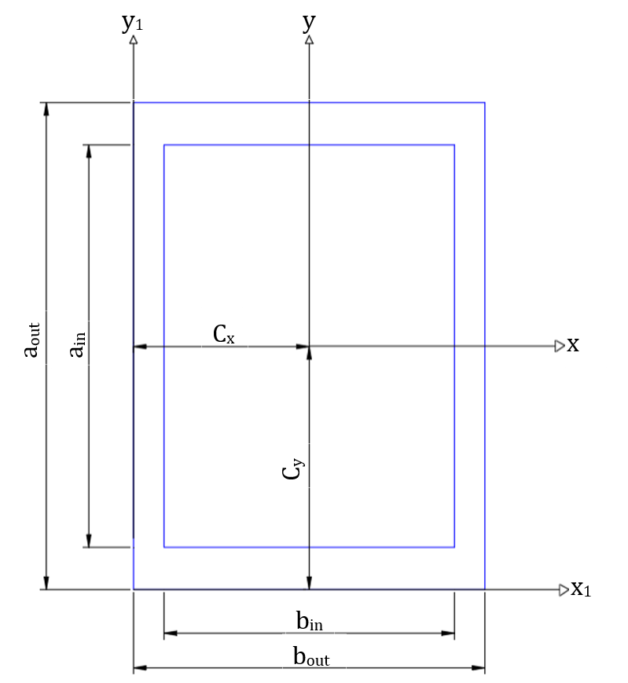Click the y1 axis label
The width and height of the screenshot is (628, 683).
click(x=132, y=23)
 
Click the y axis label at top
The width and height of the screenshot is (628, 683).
click(x=308, y=21)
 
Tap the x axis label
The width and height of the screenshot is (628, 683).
click(x=573, y=345)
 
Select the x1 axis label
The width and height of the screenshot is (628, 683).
click(x=580, y=589)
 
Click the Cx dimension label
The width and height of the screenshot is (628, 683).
click(x=224, y=335)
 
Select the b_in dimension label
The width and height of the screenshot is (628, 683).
click(x=310, y=622)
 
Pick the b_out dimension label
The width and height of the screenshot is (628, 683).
click(x=311, y=657)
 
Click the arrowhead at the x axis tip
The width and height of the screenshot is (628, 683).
click(x=560, y=346)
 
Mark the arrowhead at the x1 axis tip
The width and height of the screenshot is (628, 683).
click(x=564, y=589)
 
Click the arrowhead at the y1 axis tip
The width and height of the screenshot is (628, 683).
click(x=134, y=39)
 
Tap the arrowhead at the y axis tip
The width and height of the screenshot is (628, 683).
click(x=309, y=39)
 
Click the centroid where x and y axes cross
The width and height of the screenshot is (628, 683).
click(x=309, y=346)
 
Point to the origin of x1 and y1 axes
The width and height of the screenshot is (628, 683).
click(x=134, y=589)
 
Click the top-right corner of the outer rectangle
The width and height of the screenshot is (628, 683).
click(x=484, y=102)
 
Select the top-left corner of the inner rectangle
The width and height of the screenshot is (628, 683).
click(x=164, y=145)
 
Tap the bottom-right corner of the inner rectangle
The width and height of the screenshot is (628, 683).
click(x=454, y=546)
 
